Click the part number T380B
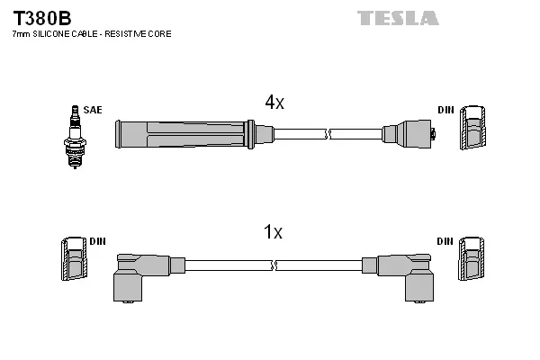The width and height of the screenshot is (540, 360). [41, 17]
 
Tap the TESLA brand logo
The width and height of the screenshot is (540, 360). [397, 18]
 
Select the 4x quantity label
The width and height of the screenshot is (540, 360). [274, 103]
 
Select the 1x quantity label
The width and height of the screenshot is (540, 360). [273, 233]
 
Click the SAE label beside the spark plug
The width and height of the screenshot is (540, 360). [93, 110]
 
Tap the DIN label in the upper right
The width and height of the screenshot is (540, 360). [445, 110]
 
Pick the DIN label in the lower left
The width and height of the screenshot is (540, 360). [98, 241]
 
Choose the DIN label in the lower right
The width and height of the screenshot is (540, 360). [445, 241]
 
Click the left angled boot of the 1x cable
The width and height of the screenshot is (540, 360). [139, 273]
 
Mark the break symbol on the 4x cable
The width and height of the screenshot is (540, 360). [328, 134]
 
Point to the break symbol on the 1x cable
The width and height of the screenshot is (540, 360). [274, 265]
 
